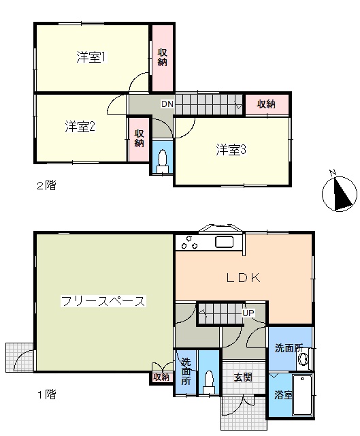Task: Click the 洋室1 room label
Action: (x=91, y=57)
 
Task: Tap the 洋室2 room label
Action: (x=80, y=127)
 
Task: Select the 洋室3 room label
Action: (x=231, y=150)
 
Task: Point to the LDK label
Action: (x=244, y=278)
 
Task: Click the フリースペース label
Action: (x=103, y=301)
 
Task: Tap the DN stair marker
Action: (x=167, y=104)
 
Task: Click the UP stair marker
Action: (x=248, y=313)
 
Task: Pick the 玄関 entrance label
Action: (x=243, y=377)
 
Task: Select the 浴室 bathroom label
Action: (x=283, y=395)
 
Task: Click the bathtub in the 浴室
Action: (x=302, y=394)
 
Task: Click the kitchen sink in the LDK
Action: (x=225, y=242)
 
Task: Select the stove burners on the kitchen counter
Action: (x=190, y=243)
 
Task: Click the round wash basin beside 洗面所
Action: (x=303, y=358)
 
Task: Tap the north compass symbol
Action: (x=340, y=193)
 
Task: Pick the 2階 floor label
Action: (x=47, y=185)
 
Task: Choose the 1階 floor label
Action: (x=47, y=394)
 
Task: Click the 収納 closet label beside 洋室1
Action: (x=163, y=57)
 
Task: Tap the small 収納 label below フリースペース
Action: (x=161, y=377)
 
